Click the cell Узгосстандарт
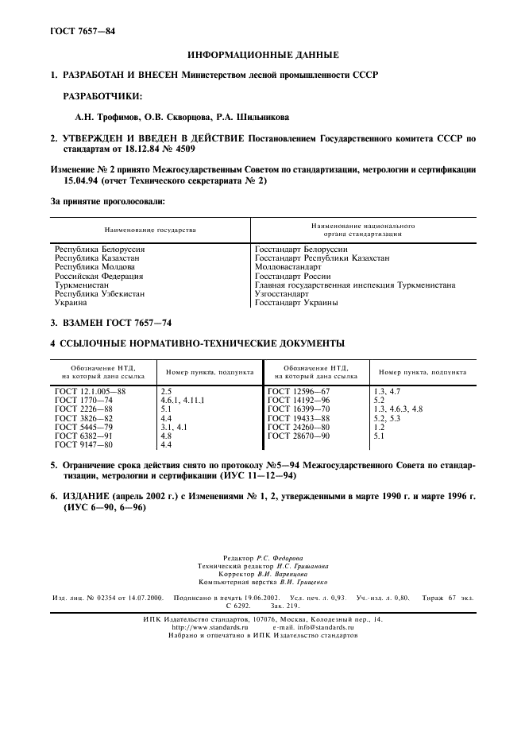pyautogui.click(x=282, y=293)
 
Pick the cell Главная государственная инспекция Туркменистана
pyautogui.click(x=355, y=285)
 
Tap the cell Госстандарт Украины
pyautogui.click(x=296, y=303)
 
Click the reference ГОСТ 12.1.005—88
pyautogui.click(x=91, y=392)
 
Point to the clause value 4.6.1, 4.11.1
pyautogui.click(x=183, y=401)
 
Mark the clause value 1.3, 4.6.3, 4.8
pyautogui.click(x=398, y=409)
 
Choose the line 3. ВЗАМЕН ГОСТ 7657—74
pyautogui.click(x=110, y=324)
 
